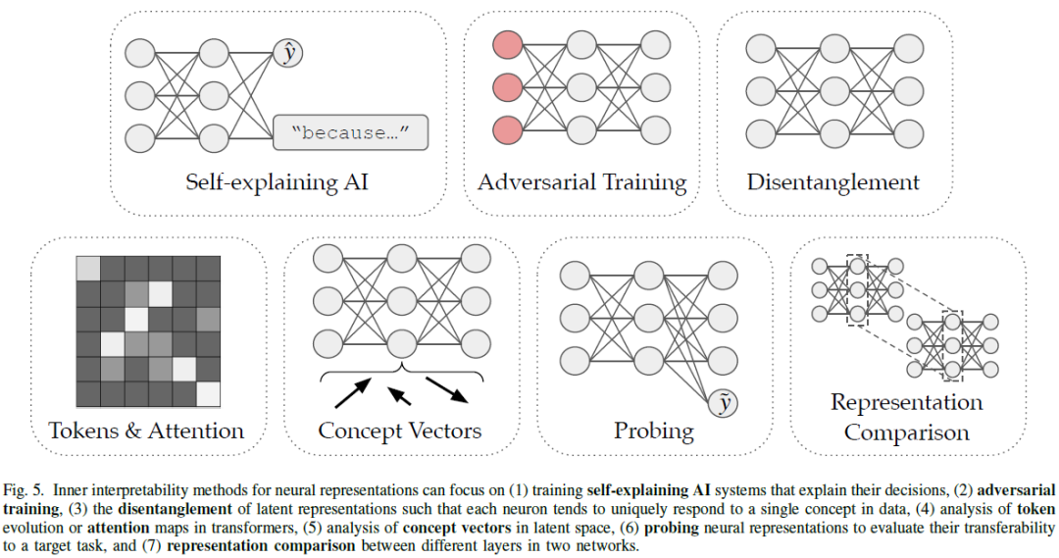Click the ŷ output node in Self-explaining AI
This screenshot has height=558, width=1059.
point(289,53)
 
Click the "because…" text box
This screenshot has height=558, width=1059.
point(352,132)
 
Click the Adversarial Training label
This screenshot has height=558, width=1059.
point(581,182)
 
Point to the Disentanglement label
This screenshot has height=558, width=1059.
point(832,182)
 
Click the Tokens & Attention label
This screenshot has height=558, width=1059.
point(147,430)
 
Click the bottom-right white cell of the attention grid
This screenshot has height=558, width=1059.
point(208,393)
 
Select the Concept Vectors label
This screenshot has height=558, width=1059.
point(400,431)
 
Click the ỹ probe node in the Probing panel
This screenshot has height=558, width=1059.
point(726,402)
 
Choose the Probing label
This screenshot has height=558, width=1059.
point(653,431)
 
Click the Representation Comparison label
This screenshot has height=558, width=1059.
point(906,417)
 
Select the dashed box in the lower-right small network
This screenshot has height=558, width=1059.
point(951,346)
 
